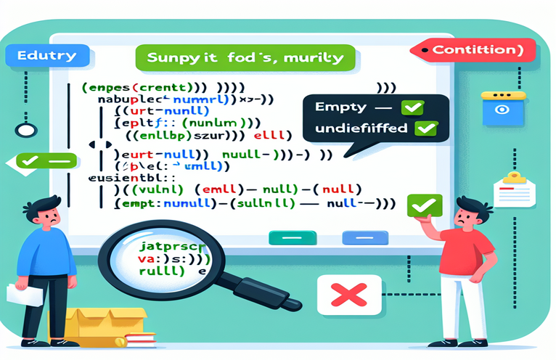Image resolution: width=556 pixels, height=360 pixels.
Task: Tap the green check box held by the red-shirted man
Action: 420,207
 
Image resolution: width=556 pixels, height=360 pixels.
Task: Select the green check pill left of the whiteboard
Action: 42,160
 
